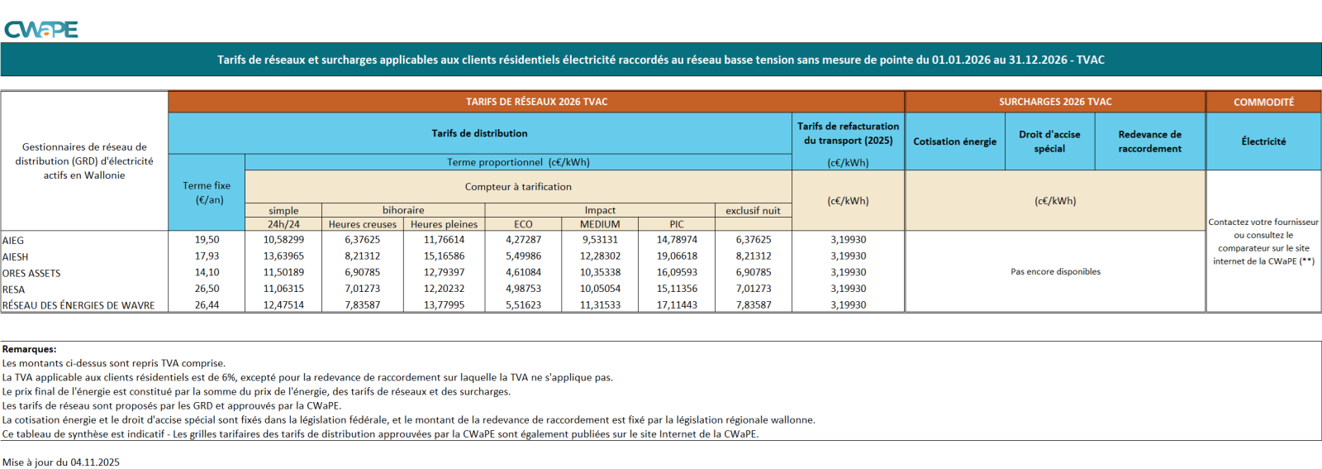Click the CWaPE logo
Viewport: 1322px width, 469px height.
coord(40,30)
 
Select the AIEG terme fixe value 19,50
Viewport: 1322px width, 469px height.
coord(207,240)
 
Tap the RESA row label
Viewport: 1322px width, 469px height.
coord(14,290)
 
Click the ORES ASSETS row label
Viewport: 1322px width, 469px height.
coord(31,273)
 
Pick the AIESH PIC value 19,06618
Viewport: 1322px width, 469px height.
coord(677,256)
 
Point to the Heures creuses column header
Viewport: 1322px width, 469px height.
coord(362,224)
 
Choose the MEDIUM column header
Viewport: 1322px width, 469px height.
coord(600,224)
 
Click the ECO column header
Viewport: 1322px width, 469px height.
coord(523,224)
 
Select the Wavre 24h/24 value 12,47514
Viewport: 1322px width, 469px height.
coord(283,305)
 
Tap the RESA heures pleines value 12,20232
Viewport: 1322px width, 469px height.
coord(444,289)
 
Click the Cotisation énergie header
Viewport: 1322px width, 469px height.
coord(954,141)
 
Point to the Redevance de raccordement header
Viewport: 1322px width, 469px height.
coord(1149,141)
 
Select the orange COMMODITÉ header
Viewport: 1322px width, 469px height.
coord(1263,102)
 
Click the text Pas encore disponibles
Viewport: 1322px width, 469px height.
coord(1055,271)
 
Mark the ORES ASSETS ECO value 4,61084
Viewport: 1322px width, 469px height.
coord(523,272)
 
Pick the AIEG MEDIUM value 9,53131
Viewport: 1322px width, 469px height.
coord(600,240)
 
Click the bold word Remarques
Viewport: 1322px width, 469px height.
coord(29,349)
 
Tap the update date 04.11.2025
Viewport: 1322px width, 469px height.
coord(95,462)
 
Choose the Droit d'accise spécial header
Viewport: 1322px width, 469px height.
coord(1049,141)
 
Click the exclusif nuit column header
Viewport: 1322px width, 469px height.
coord(753,211)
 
